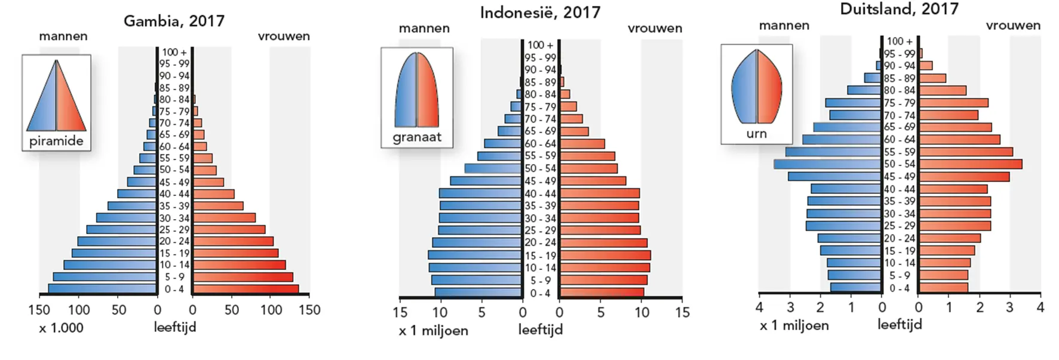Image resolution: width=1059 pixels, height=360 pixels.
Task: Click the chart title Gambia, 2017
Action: pyautogui.click(x=174, y=21)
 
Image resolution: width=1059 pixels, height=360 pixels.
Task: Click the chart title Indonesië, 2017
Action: pyautogui.click(x=540, y=13)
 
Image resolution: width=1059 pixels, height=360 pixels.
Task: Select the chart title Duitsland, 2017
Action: pyautogui.click(x=899, y=9)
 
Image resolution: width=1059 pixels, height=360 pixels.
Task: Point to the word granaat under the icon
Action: pyautogui.click(x=417, y=137)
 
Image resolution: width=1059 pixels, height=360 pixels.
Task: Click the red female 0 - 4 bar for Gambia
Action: pyautogui.click(x=246, y=289)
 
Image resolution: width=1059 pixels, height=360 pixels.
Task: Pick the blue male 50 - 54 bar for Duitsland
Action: pyautogui.click(x=827, y=164)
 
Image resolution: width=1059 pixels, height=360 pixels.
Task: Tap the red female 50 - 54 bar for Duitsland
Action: pyautogui.click(x=970, y=164)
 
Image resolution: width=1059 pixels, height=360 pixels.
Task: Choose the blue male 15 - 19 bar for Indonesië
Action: pyautogui.click(x=475, y=256)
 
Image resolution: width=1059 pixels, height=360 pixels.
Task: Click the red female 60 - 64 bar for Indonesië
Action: pyautogui.click(x=582, y=144)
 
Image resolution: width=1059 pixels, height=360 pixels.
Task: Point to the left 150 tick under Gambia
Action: pyautogui.click(x=39, y=310)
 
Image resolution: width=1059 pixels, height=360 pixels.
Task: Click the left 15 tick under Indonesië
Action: pyautogui.click(x=400, y=312)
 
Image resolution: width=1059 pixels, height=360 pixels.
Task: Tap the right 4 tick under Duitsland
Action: pyautogui.click(x=1040, y=307)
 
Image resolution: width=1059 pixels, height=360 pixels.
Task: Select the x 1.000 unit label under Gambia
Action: pyautogui.click(x=61, y=328)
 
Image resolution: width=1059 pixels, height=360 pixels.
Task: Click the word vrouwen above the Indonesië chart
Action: pyautogui.click(x=655, y=28)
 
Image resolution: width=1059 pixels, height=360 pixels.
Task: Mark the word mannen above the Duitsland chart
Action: pyautogui.click(x=784, y=25)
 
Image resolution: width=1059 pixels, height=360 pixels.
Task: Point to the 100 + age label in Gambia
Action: pyautogui.click(x=174, y=52)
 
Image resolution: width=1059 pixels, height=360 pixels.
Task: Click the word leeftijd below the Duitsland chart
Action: pyautogui.click(x=900, y=324)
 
